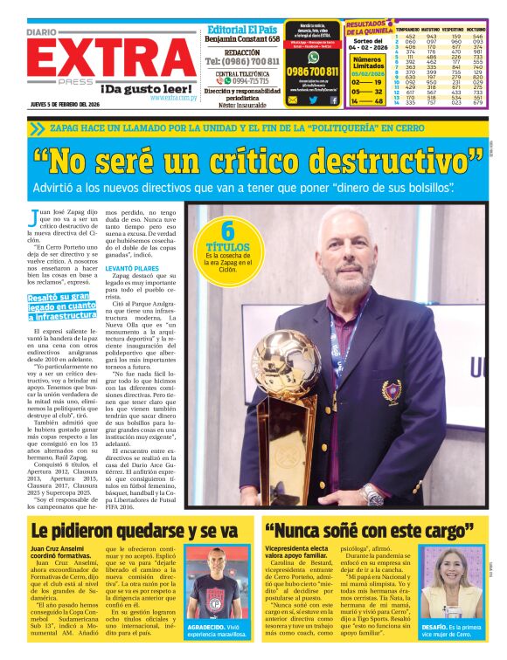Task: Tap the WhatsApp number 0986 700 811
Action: [x=312, y=71]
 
